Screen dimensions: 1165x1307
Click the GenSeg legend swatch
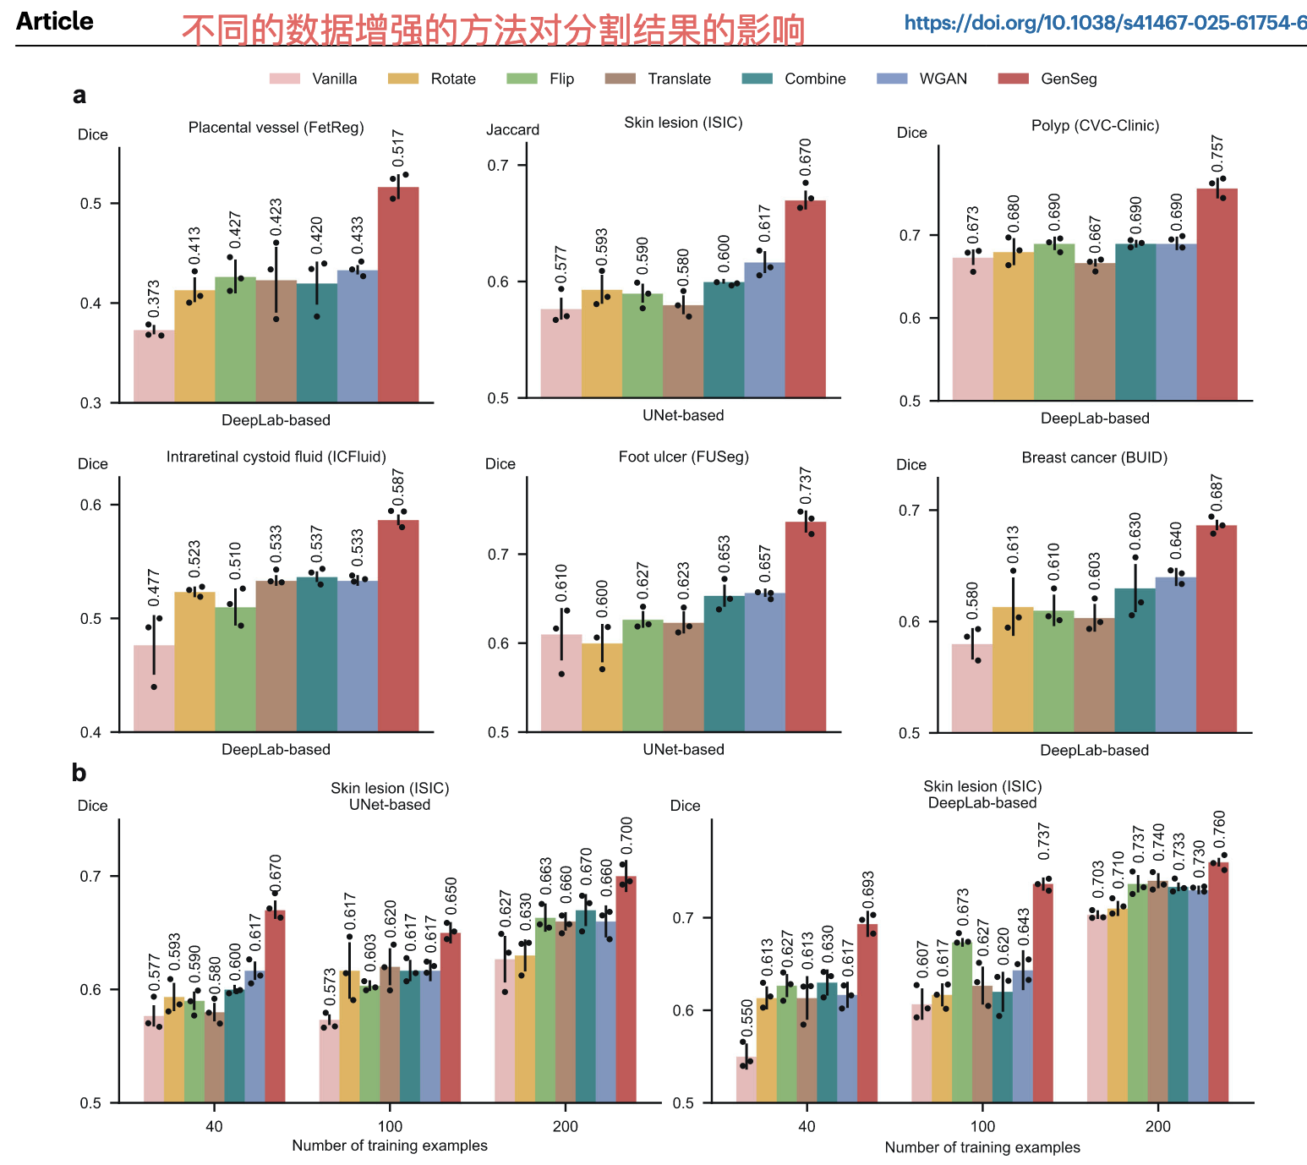1014,79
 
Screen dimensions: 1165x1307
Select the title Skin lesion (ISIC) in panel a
683,123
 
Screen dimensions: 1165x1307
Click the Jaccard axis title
512,129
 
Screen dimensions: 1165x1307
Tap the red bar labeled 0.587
398,626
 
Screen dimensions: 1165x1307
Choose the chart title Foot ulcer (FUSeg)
683,457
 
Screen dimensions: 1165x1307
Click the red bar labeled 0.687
1217,629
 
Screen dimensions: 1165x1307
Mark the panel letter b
79,773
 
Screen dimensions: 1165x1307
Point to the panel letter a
79,96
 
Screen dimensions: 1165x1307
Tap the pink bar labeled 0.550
746,1080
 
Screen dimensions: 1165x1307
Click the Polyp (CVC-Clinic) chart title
1095,125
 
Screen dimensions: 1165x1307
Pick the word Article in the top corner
55,21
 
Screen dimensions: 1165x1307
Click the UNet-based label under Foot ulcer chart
683,749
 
